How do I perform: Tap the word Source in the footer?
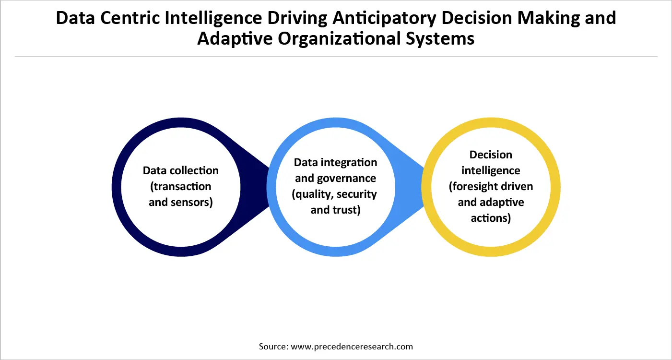coord(273,346)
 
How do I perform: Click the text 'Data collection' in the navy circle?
coord(181,170)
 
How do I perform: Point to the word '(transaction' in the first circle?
coord(180,186)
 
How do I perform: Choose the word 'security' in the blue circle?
coord(357,194)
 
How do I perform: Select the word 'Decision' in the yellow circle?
coord(491,155)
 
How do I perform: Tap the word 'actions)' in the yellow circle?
coord(491,218)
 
